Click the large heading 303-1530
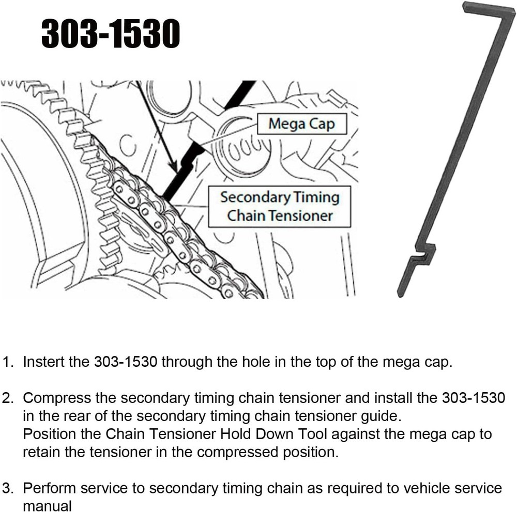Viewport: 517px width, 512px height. [x=110, y=35]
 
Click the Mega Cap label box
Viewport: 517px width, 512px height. [x=301, y=124]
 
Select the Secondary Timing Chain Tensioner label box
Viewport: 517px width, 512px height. [x=279, y=206]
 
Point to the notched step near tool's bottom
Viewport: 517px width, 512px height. [x=424, y=254]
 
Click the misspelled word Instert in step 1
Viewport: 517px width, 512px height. [x=45, y=361]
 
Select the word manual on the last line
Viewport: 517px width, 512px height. [x=47, y=506]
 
